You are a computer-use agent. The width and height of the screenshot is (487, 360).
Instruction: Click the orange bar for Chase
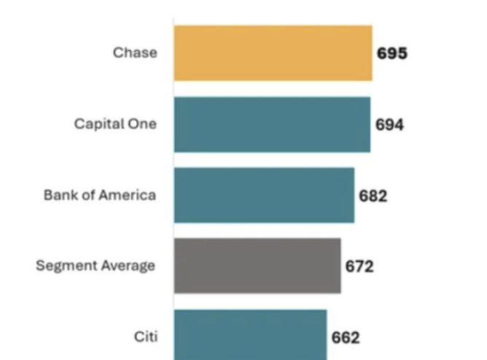273,53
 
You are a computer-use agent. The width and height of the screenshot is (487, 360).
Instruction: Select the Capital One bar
273,125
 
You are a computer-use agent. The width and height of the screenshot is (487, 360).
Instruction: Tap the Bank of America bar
265,195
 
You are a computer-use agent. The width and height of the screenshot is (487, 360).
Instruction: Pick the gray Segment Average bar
257,266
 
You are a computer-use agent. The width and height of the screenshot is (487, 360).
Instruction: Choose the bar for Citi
251,335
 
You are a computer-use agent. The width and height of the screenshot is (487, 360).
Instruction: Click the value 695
392,53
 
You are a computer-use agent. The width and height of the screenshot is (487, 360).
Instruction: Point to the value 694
389,125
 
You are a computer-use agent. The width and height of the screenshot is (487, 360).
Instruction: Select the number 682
373,196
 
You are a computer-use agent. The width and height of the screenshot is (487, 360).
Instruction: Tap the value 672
359,266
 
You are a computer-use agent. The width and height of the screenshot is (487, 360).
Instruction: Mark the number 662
346,337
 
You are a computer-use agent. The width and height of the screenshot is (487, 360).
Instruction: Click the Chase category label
135,52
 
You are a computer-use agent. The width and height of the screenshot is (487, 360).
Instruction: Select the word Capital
98,125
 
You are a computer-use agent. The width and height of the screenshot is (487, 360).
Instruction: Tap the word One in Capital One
142,124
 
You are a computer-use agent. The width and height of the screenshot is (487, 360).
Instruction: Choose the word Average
128,266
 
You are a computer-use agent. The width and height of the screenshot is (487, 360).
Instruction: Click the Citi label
146,337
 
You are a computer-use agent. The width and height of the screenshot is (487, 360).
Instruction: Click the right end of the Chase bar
373,53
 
